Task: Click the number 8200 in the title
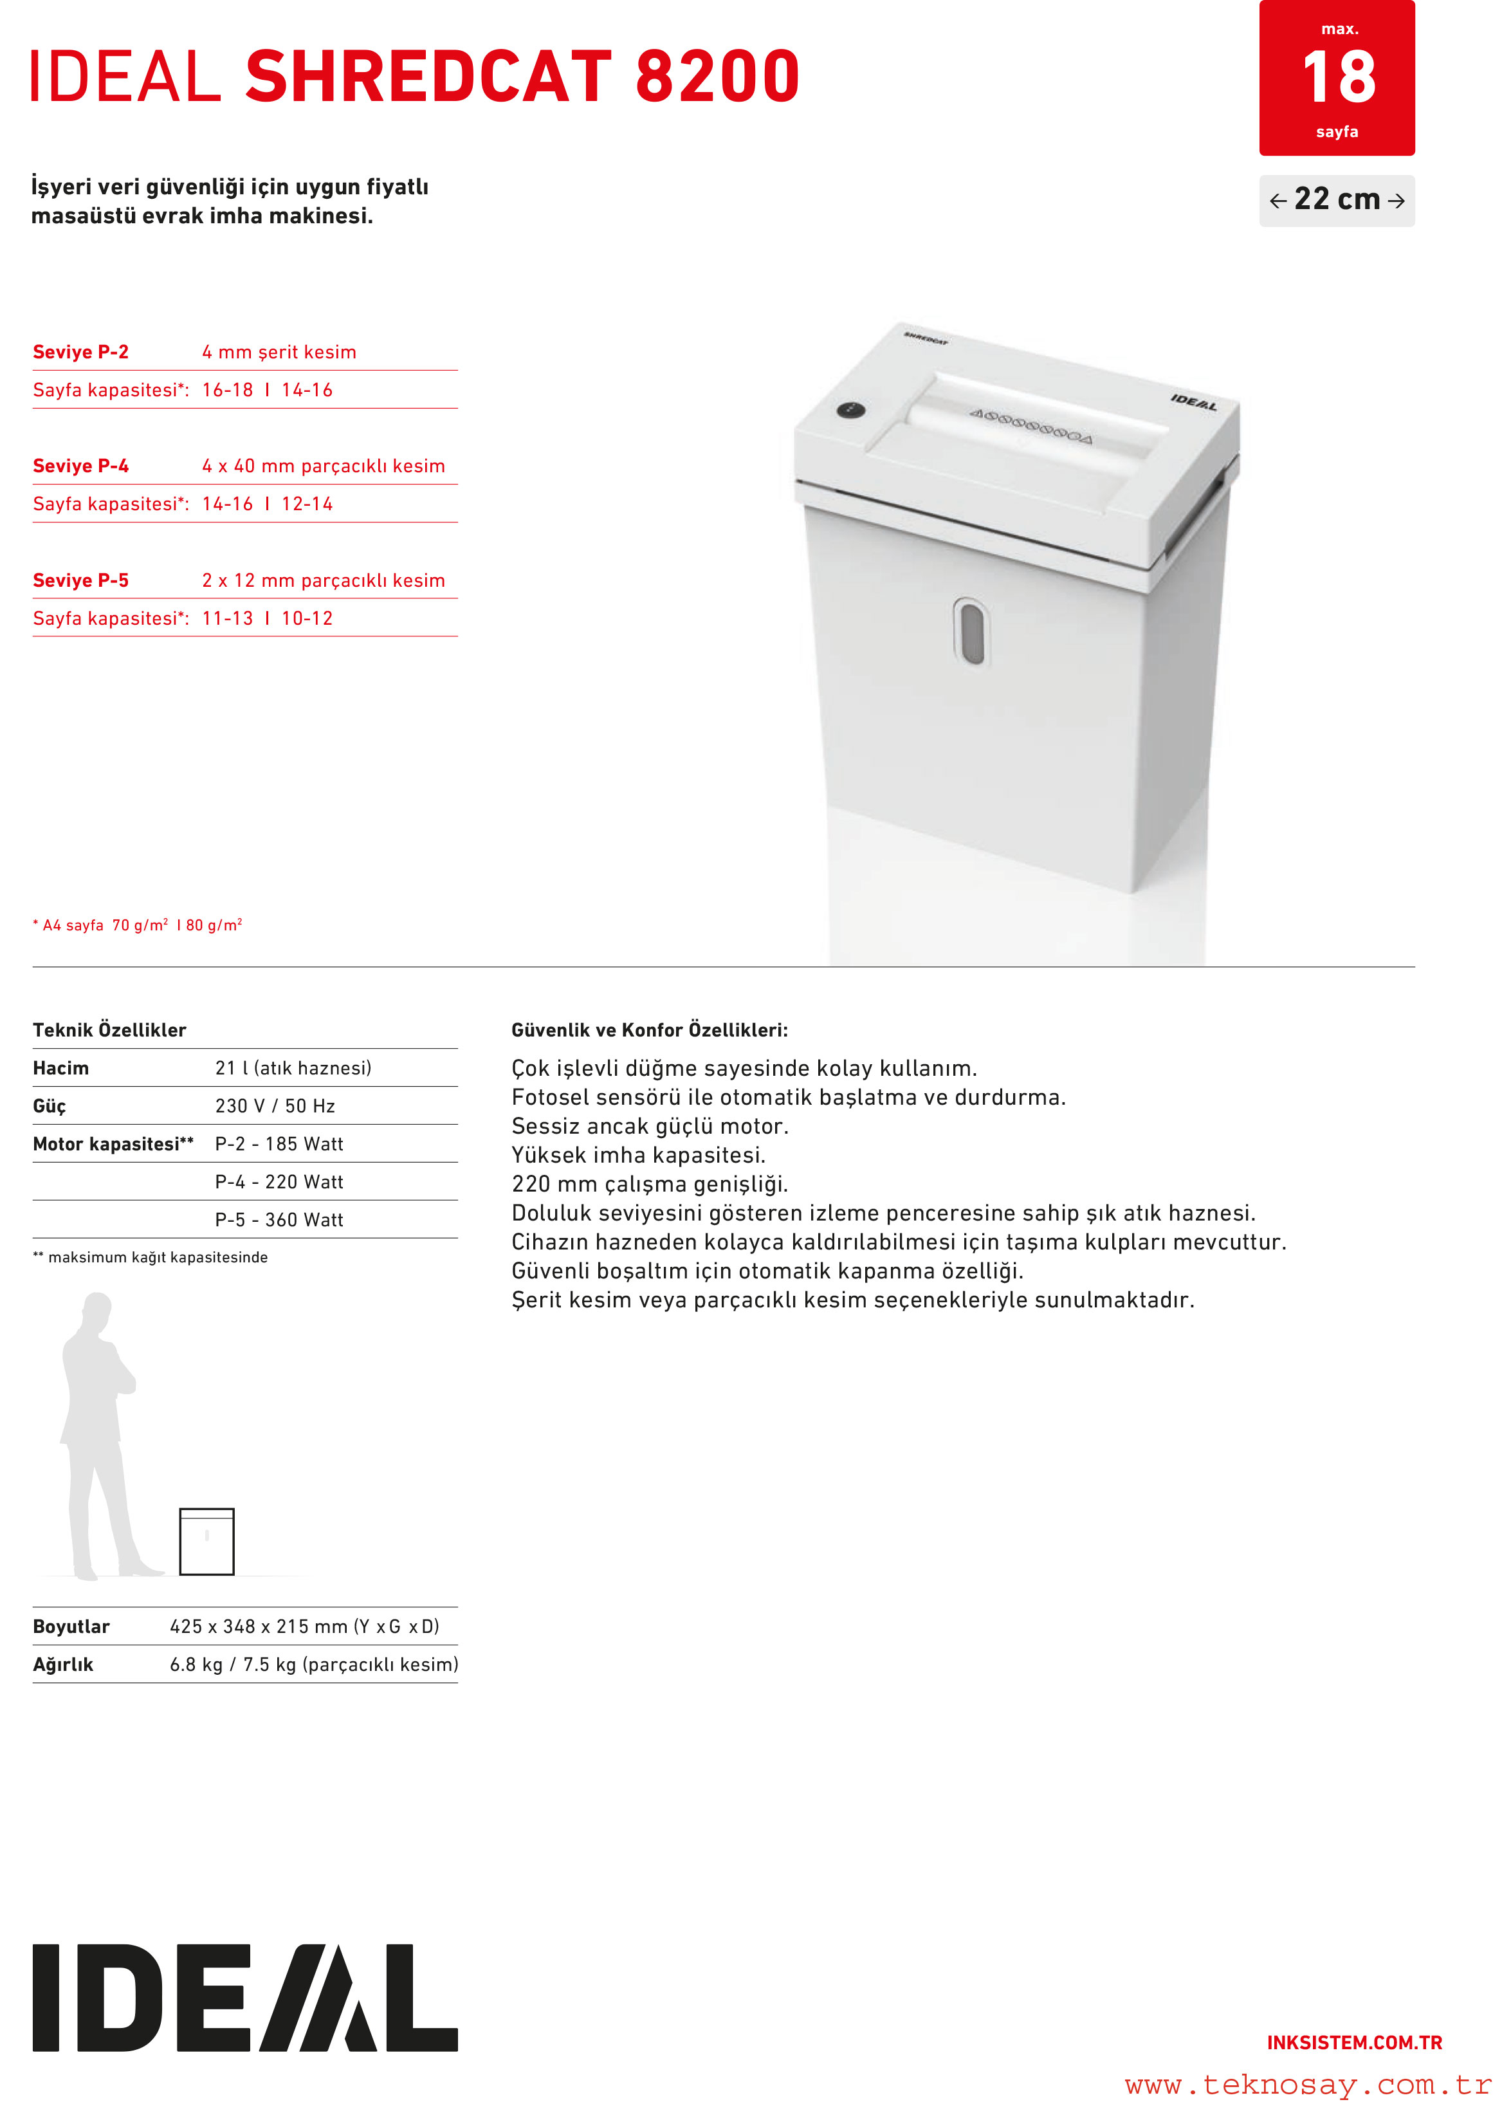tap(717, 77)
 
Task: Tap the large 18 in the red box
tap(1339, 78)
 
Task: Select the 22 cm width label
tap(1337, 199)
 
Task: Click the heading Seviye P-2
tap(81, 352)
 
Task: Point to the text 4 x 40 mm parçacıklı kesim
tap(324, 466)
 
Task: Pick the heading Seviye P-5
tap(81, 580)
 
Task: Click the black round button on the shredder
tap(850, 410)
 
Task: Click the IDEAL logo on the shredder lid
tap(1193, 402)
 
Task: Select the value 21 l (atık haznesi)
tap(293, 1067)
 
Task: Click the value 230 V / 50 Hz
tap(275, 1106)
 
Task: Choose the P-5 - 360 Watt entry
tap(279, 1220)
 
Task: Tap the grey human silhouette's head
tap(96, 1309)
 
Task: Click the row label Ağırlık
tap(64, 1664)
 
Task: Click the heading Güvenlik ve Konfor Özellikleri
tap(649, 1030)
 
